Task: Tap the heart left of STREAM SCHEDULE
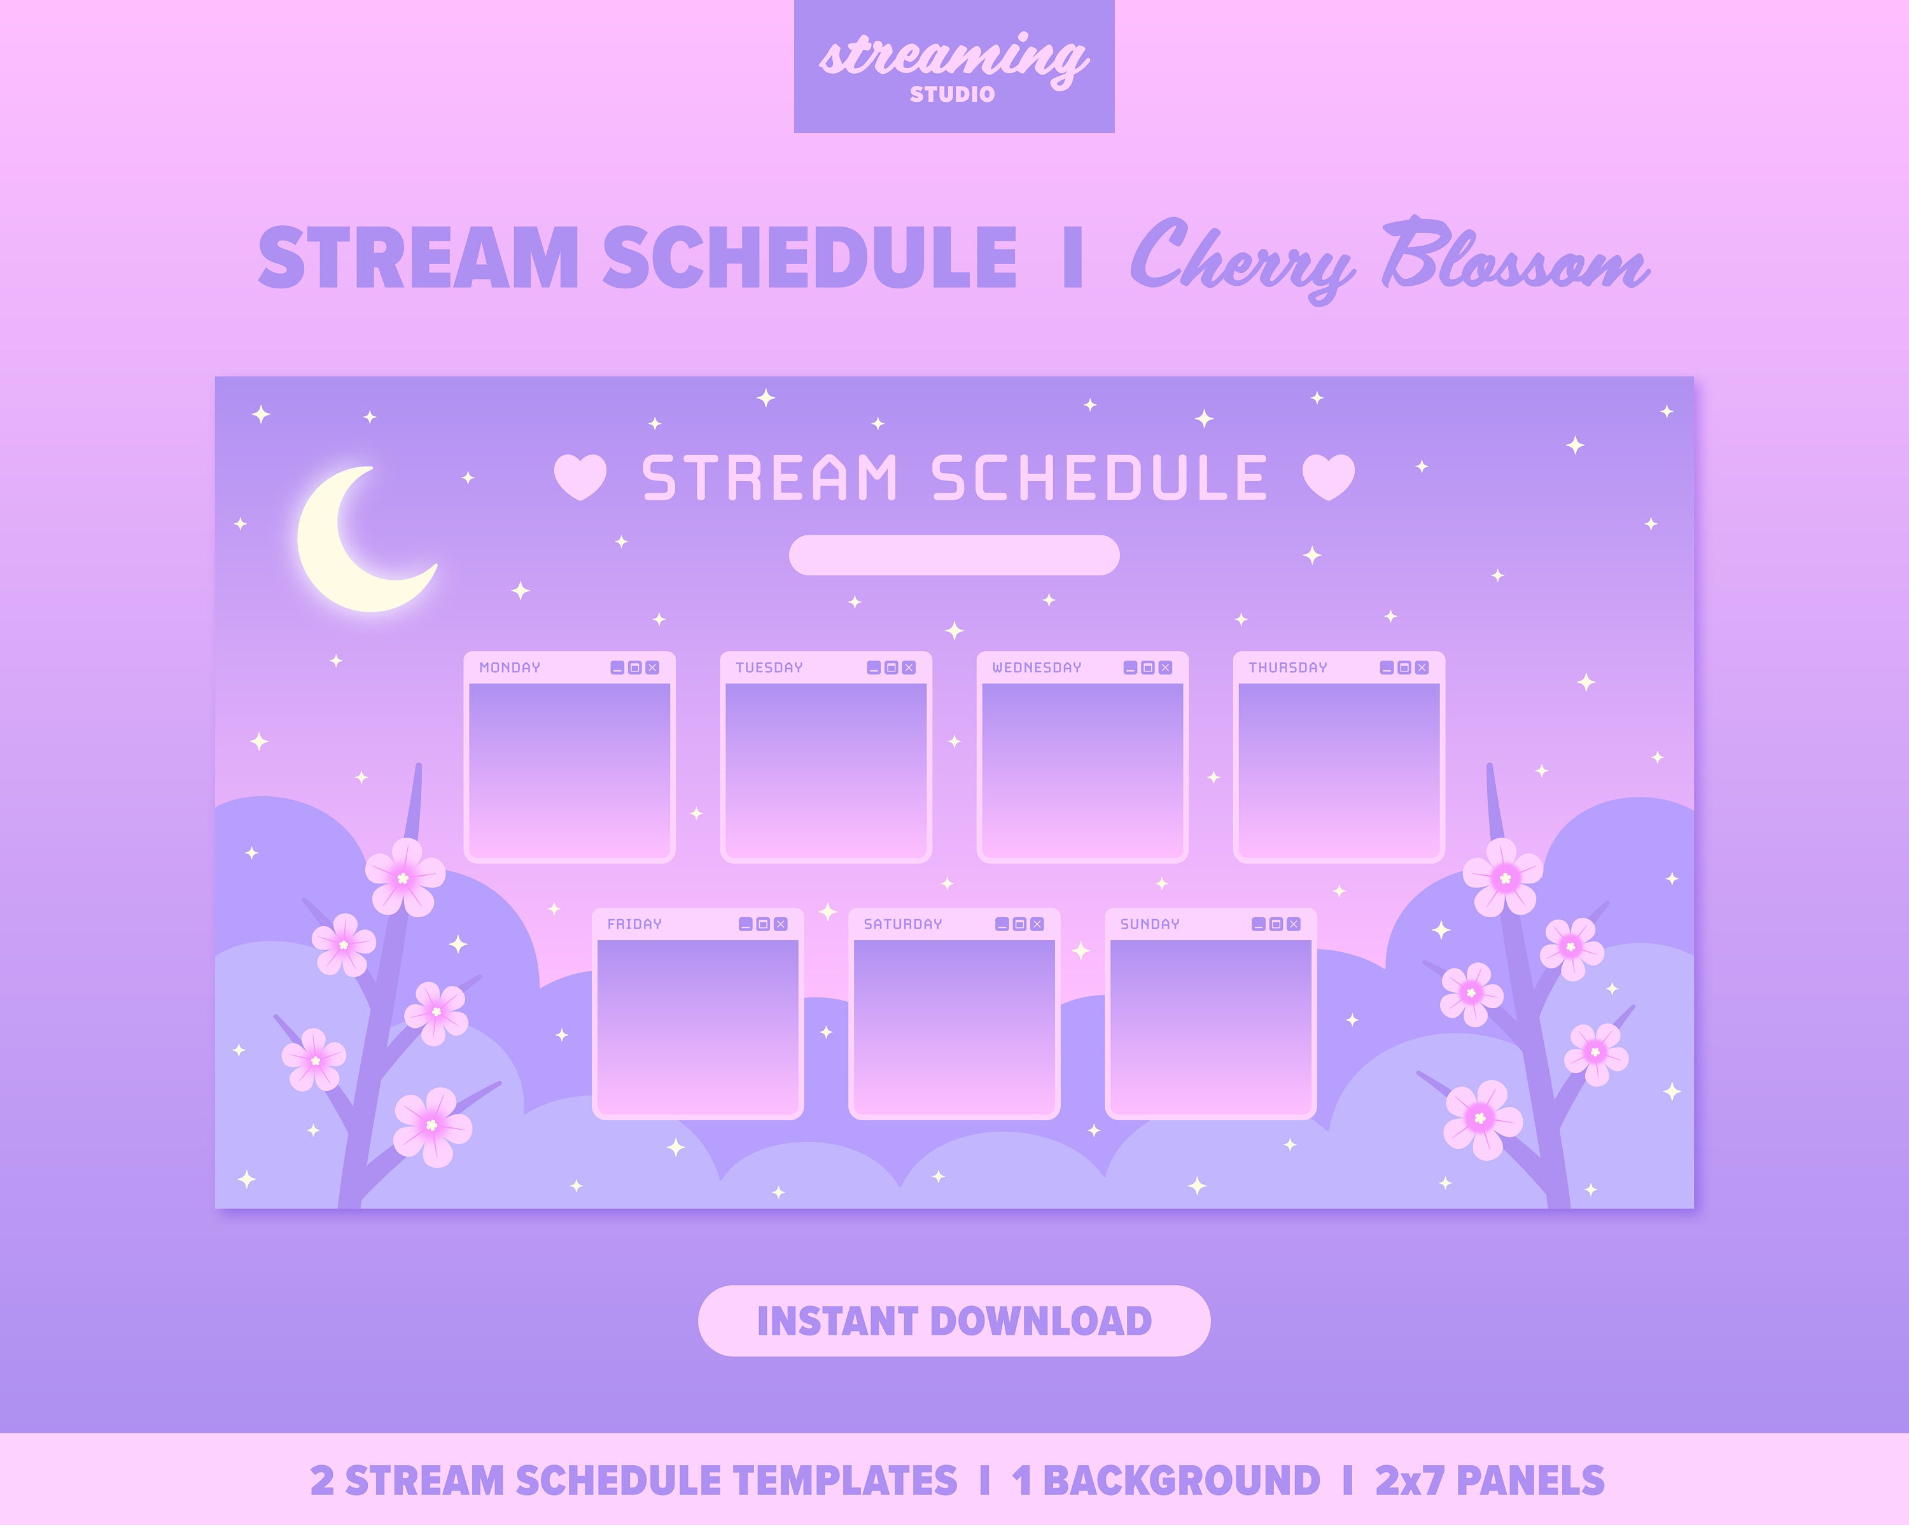(x=580, y=477)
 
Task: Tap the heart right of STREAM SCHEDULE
(x=1328, y=477)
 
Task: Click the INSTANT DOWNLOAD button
(x=954, y=1321)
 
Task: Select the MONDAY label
(x=509, y=668)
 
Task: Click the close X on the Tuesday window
(x=909, y=668)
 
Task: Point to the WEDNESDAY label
(x=1036, y=668)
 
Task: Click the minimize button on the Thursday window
(x=1387, y=668)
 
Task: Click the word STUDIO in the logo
(x=953, y=94)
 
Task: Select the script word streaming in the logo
(x=953, y=57)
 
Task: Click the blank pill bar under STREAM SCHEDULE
(x=954, y=555)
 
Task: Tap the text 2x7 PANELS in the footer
(x=1489, y=1480)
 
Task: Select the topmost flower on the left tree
(x=405, y=876)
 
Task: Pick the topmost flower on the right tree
(x=1502, y=876)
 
